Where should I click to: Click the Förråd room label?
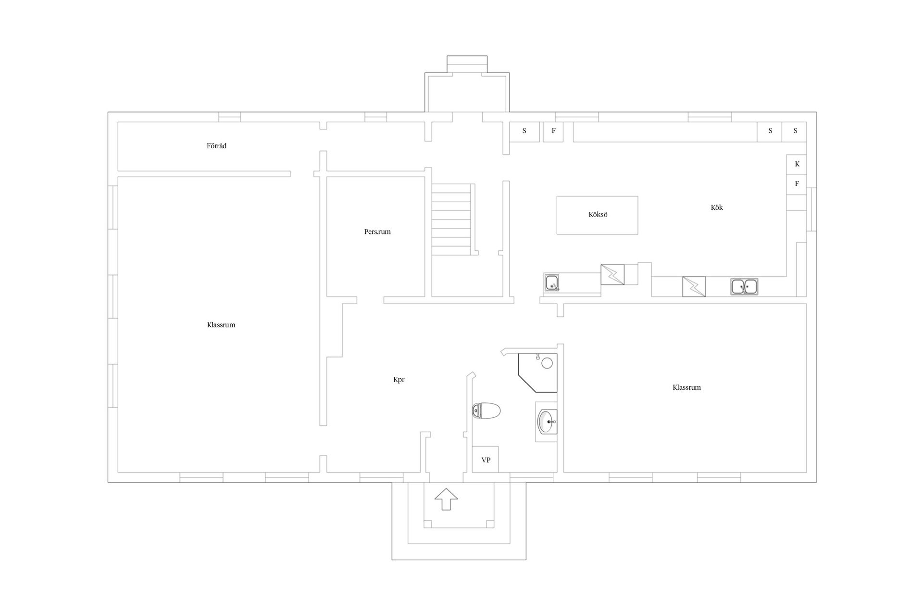coord(216,146)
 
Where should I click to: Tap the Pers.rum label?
coord(377,231)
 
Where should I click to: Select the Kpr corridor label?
coord(399,380)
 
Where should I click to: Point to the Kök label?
coord(717,207)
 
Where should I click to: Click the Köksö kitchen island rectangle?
coord(597,215)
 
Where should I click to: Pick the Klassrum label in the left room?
coord(221,325)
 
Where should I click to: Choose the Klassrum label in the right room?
coord(686,387)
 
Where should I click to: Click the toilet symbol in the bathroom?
coord(486,411)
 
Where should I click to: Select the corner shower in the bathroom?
coord(537,373)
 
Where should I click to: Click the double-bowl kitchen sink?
coord(744,286)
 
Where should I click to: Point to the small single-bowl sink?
coord(552,282)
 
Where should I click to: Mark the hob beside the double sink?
coord(694,286)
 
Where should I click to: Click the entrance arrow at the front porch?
coord(446,499)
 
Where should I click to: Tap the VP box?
coord(486,460)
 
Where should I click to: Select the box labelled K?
coord(797,164)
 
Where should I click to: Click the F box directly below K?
coord(797,184)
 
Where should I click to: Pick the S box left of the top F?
coord(524,132)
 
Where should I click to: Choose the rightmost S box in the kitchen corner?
coord(795,132)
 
